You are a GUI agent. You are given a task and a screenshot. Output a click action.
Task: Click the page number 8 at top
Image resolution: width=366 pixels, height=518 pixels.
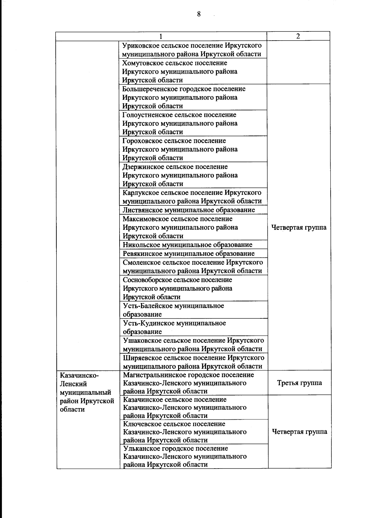click(x=199, y=14)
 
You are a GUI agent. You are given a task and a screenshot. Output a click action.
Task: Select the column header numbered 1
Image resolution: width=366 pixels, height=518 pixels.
click(x=161, y=36)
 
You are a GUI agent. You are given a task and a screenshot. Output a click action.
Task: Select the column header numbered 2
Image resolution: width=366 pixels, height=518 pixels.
click(x=298, y=36)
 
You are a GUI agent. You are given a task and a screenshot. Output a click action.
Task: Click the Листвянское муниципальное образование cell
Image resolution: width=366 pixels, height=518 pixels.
click(x=188, y=210)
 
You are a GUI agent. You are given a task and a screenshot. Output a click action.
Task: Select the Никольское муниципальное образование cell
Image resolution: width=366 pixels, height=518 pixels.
click(x=187, y=245)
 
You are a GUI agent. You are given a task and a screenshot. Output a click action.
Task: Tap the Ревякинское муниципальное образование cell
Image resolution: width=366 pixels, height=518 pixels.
click(x=188, y=254)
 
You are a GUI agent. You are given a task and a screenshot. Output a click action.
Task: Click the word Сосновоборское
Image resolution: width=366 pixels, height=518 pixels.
click(x=147, y=280)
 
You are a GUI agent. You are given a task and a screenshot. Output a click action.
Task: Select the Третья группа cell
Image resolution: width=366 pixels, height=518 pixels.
click(x=299, y=383)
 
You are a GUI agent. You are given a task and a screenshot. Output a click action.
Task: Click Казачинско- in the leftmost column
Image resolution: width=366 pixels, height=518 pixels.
click(x=79, y=375)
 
